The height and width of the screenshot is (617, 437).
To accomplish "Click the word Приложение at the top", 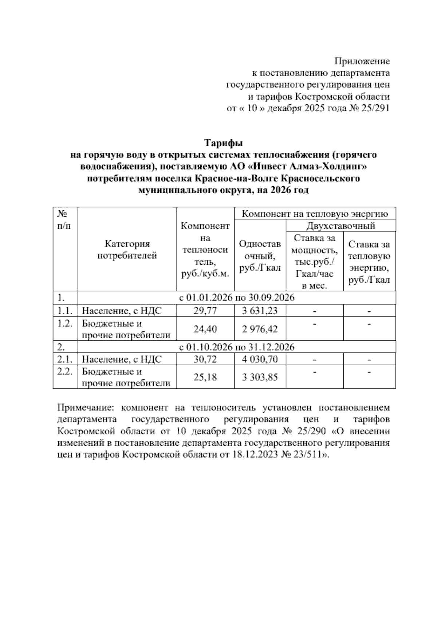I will pos(362,61).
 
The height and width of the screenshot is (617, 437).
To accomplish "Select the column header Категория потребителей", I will pos(127,250).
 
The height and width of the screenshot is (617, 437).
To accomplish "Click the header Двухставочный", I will pos(340,226).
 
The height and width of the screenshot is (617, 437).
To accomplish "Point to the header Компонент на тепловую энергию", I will pos(315,214).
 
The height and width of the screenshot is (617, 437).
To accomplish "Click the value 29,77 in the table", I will pos(205,311).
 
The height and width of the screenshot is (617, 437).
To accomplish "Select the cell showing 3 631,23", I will pos(260,311).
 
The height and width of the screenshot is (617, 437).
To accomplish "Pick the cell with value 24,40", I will pos(205,329).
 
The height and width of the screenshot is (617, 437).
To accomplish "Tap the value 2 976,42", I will pos(260,329).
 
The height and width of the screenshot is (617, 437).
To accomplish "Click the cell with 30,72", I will pos(205,359).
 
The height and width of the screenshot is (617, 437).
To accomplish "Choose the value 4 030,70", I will pos(260,359).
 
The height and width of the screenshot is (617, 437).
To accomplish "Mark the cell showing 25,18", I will pos(205,377).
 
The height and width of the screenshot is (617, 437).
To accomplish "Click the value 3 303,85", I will pos(260,377).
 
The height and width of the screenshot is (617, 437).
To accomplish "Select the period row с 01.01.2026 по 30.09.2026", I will pos(237,298).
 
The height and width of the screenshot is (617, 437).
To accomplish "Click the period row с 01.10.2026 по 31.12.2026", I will pos(237,347).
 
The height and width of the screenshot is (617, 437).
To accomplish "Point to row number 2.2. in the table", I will pos(65,372).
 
